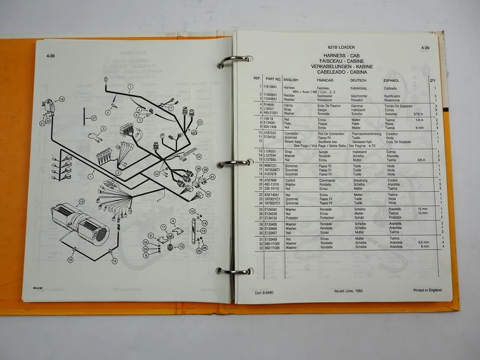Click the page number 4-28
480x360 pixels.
pos(51,56)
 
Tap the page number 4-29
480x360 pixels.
pos(425,48)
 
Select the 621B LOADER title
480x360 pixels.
pos(341,47)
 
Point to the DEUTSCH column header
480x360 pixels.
pos(358,80)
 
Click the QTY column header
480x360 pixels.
pos(432,81)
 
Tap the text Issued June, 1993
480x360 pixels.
pos(348,291)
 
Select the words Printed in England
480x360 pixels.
pos(427,290)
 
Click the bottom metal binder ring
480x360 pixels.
pos(234,271)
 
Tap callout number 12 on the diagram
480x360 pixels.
pos(81,202)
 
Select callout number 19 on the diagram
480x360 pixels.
pos(61,99)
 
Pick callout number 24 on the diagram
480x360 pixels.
pos(199,157)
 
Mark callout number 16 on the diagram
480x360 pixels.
pos(70,259)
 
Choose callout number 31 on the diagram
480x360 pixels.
pos(212,177)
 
